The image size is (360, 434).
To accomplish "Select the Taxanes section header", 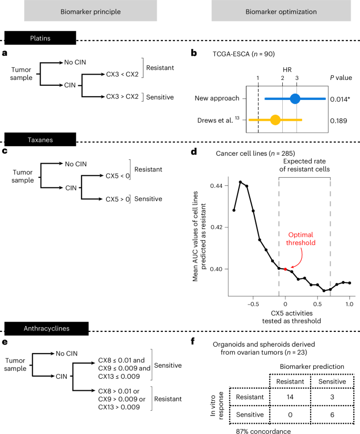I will pyautogui.click(x=40, y=137).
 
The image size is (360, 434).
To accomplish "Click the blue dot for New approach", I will pyautogui.click(x=295, y=98).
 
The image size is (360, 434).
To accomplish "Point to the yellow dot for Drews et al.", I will pyautogui.click(x=275, y=120).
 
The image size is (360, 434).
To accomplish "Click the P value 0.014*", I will pyautogui.click(x=342, y=98).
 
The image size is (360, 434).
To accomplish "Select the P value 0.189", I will pyautogui.click(x=341, y=120).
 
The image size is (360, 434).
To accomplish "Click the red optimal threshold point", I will pyautogui.click(x=285, y=269).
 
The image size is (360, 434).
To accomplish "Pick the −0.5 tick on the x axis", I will pyautogui.click(x=252, y=304).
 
